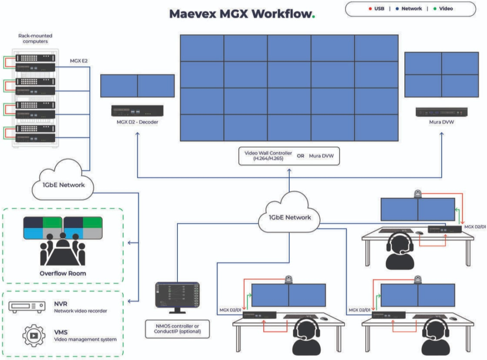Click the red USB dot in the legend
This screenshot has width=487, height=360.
[370, 9]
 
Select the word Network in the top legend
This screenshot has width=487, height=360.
[411, 9]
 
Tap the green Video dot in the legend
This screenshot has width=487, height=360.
[435, 9]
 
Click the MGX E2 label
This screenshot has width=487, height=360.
[78, 61]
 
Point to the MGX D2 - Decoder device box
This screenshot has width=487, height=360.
[137, 111]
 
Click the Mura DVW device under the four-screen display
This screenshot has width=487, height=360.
[441, 112]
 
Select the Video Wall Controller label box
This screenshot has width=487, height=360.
[289, 156]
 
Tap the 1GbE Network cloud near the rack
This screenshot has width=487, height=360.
[63, 182]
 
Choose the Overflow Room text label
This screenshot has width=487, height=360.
[63, 273]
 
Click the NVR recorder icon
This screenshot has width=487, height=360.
[27, 307]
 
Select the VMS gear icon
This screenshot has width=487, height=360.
[34, 335]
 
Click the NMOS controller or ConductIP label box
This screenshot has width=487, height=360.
[177, 329]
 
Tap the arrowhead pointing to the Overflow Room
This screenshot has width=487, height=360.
[129, 243]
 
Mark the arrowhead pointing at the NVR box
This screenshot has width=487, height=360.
[129, 301]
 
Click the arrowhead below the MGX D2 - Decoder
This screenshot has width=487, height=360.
[137, 134]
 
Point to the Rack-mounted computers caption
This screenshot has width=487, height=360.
[35, 39]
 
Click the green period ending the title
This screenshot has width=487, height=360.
[313, 17]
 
